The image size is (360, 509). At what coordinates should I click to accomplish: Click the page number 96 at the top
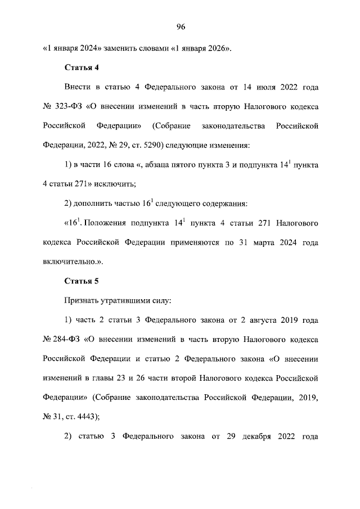pyautogui.click(x=180, y=27)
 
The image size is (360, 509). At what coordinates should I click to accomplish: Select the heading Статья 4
pyautogui.click(x=82, y=68)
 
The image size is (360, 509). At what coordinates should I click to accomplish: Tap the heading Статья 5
pyautogui.click(x=82, y=281)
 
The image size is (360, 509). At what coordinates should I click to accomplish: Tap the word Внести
pyautogui.click(x=78, y=88)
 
